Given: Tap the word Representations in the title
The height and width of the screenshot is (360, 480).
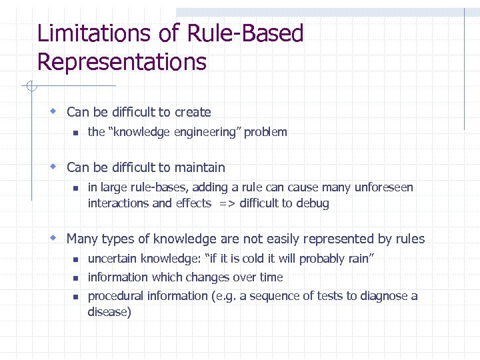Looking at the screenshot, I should (121, 62).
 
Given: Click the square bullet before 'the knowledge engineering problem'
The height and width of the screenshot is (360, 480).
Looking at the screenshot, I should (76, 132).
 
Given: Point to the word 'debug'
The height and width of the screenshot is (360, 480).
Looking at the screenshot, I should (313, 203).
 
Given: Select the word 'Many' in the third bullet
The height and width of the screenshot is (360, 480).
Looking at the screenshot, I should (82, 239).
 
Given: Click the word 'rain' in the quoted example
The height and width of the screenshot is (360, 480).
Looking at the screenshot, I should (357, 259).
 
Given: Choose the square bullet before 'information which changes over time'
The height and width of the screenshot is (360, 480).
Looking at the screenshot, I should (76, 278).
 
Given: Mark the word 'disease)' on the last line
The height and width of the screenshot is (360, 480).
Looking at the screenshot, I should (109, 311).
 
